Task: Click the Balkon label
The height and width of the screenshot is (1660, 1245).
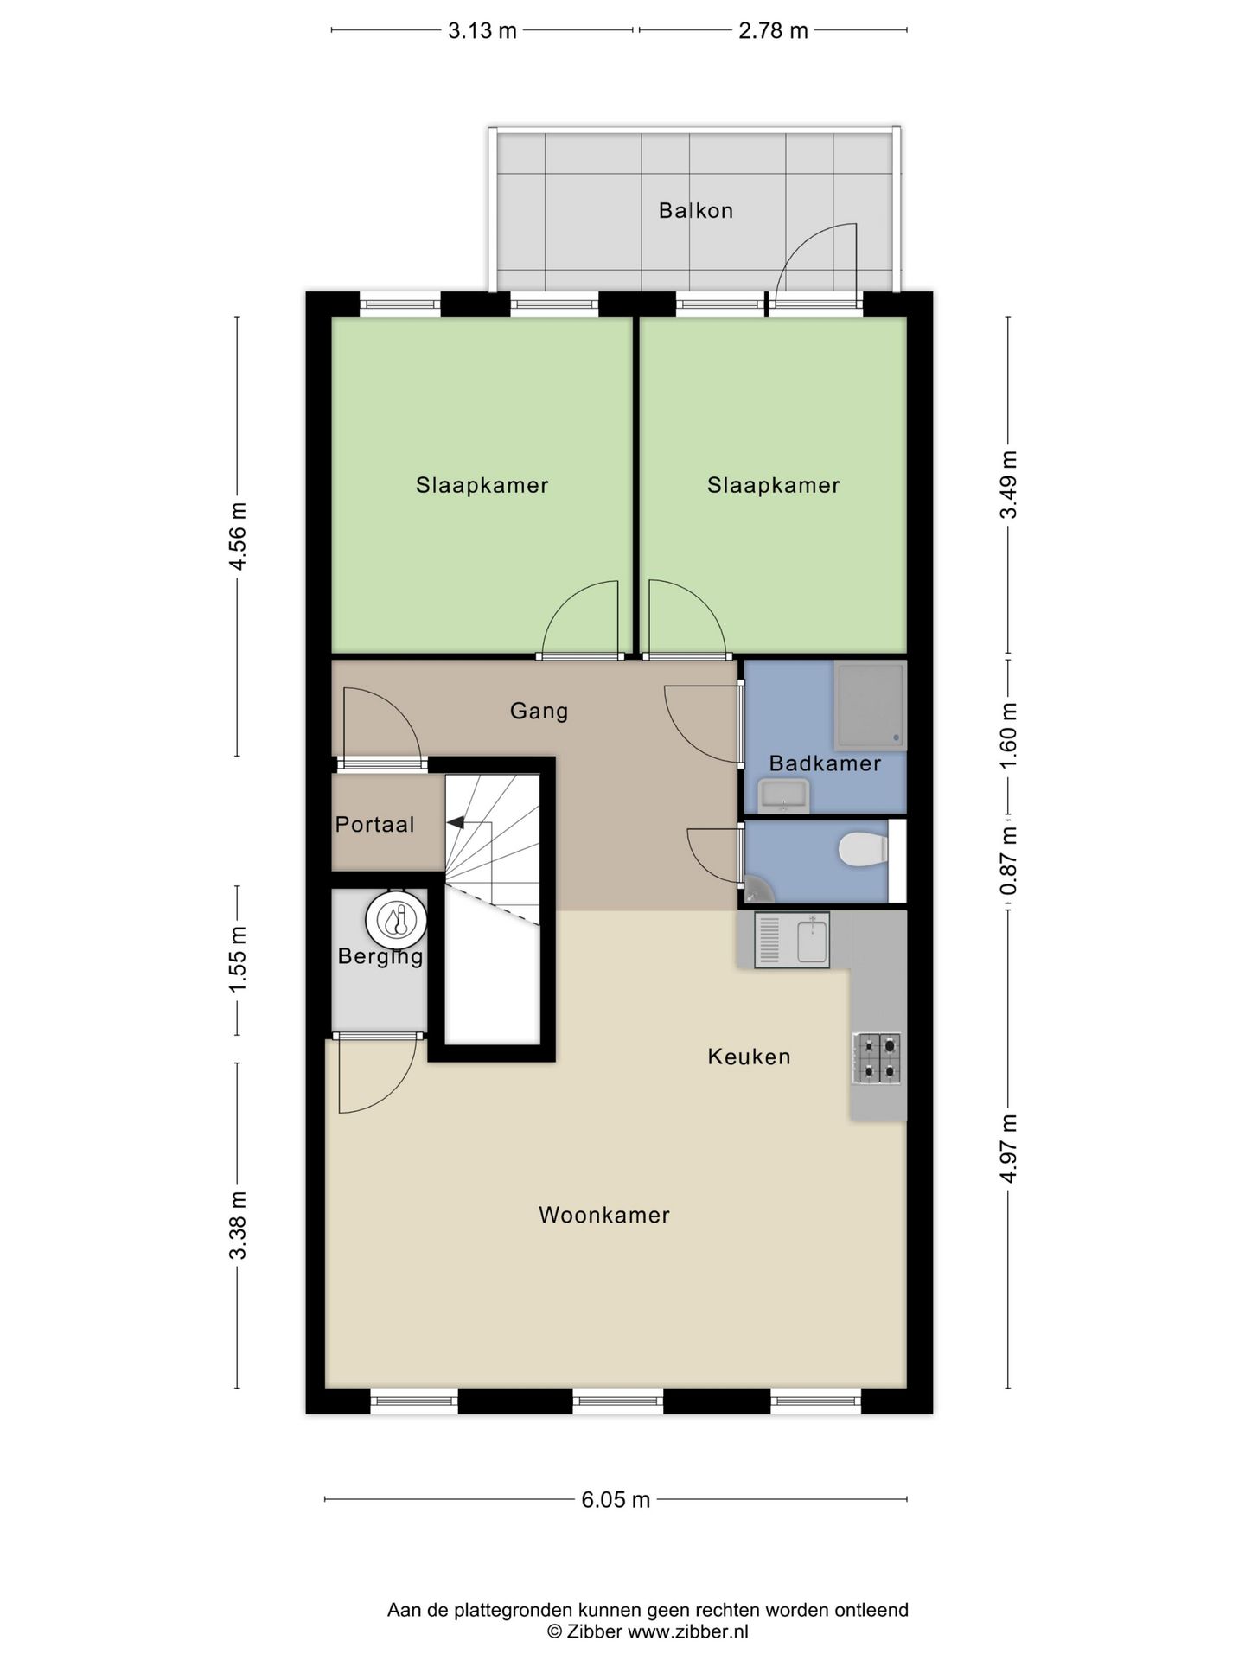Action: (695, 211)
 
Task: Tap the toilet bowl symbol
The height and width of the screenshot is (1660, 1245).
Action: (862, 849)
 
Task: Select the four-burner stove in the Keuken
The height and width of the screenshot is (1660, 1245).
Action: (877, 1058)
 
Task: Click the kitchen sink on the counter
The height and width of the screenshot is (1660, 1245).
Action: (792, 940)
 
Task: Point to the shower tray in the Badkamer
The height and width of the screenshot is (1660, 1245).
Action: (870, 705)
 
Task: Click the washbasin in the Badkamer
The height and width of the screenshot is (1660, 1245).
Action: (783, 794)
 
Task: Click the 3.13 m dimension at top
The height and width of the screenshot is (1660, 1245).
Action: (482, 31)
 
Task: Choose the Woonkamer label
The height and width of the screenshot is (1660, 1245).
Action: (603, 1215)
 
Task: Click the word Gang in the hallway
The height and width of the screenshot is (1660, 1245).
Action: (539, 711)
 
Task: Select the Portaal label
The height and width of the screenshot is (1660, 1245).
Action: (374, 825)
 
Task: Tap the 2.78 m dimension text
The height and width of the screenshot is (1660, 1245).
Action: (773, 31)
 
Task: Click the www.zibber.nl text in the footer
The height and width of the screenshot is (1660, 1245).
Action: (687, 1631)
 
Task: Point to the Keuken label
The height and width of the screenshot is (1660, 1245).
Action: (749, 1057)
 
